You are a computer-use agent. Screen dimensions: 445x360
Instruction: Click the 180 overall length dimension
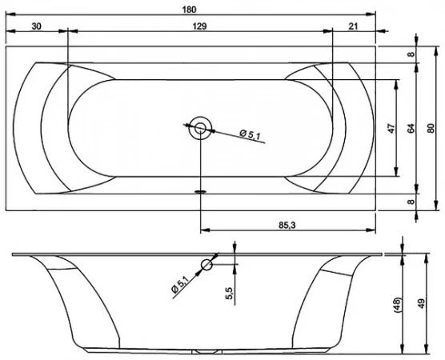pos(190,10)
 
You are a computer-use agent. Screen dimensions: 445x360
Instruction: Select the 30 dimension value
pos(36,26)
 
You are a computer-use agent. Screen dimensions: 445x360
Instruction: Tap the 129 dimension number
pos(200,26)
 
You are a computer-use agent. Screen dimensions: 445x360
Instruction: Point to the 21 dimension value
pos(353,26)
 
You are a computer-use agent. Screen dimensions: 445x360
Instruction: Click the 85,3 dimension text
pos(287,225)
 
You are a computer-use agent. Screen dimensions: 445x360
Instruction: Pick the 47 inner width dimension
pos(391,128)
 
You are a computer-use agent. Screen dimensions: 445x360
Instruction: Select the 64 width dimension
pos(411,128)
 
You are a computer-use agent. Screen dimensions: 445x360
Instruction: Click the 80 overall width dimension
pos(431,128)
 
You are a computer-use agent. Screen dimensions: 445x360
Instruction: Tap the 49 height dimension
pos(422,303)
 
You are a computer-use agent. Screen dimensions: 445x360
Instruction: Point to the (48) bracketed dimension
pos(398,305)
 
